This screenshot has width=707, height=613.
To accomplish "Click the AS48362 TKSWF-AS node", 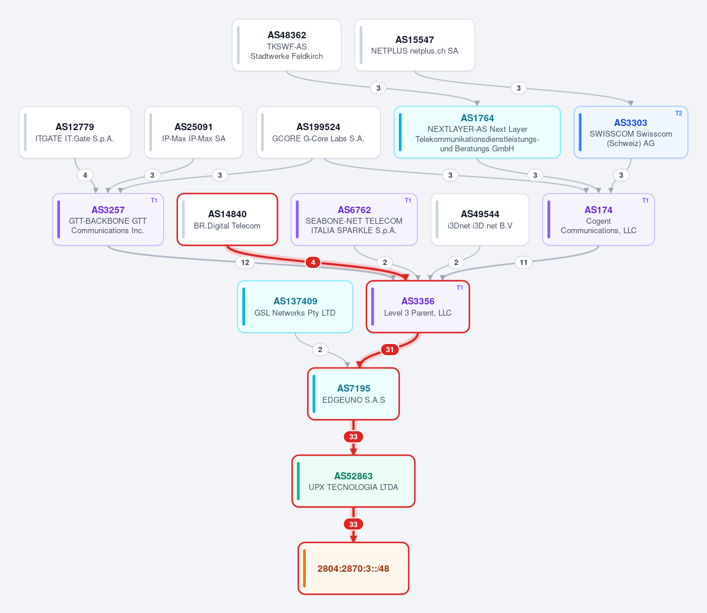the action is [x=286, y=45].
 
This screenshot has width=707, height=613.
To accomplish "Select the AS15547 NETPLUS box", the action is [x=415, y=45].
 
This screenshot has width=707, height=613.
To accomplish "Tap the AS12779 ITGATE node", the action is [x=75, y=132].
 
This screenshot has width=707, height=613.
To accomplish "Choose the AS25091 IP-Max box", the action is [x=193, y=132].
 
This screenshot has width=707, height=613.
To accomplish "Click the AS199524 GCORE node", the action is [x=318, y=132].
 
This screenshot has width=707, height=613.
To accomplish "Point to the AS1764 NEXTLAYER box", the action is [x=477, y=132].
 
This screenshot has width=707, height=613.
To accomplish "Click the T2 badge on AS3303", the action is [x=678, y=113].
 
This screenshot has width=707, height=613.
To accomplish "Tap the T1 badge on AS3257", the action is [x=154, y=200].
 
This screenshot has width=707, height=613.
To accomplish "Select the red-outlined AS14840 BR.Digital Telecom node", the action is [x=227, y=219].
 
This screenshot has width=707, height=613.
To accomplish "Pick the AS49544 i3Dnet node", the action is [x=480, y=219].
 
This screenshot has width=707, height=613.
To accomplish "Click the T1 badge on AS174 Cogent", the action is [x=645, y=200].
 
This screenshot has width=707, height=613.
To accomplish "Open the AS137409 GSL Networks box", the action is [x=295, y=307].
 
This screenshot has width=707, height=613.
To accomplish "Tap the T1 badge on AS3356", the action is [x=460, y=288].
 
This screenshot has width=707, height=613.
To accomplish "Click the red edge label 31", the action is [x=390, y=350].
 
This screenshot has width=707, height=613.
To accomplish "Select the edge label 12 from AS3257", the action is [x=245, y=263].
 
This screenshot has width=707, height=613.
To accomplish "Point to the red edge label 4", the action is [x=313, y=263].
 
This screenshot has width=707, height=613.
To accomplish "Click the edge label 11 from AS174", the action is [x=524, y=263].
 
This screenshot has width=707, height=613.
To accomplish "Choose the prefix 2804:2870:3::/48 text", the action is [x=353, y=568].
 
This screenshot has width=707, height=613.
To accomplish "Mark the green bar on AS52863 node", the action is [x=298, y=481].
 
